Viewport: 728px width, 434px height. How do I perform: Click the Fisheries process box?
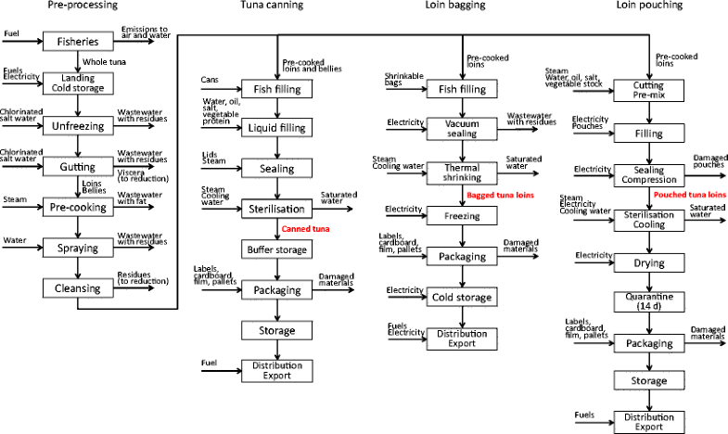coord(78,42)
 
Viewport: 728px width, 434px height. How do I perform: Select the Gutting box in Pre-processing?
coord(78,167)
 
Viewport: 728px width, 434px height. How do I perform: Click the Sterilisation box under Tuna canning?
coord(275,208)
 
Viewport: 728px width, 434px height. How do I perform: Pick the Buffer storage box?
coord(275,249)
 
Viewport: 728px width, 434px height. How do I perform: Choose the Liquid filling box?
coord(275,127)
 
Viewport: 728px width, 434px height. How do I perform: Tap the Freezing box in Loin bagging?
coord(461,216)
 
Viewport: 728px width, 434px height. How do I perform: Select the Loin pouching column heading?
coord(649,6)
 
